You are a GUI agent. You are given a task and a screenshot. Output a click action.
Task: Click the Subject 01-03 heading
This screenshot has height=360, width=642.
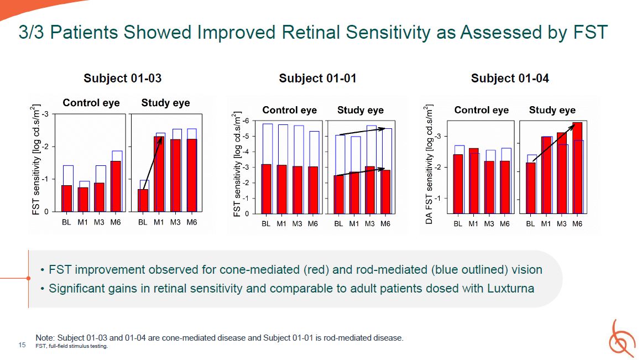(122, 78)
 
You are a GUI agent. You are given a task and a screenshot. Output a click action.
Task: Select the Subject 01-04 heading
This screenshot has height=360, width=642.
(510, 78)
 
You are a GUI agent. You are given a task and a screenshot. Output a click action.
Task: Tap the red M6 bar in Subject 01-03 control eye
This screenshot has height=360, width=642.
(116, 186)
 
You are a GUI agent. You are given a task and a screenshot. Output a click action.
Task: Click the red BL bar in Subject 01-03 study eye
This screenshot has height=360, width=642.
(143, 200)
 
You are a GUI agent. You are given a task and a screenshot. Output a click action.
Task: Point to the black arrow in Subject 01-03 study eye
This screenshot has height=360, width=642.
(152, 164)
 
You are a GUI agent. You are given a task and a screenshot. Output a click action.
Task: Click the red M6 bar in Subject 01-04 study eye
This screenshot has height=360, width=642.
(577, 168)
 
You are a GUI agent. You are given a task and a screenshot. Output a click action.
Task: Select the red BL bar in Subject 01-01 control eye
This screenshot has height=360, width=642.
(266, 189)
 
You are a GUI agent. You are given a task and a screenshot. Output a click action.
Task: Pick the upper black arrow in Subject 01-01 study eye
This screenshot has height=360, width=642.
(362, 132)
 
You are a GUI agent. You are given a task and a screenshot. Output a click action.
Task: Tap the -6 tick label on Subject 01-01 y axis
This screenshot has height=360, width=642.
(246, 121)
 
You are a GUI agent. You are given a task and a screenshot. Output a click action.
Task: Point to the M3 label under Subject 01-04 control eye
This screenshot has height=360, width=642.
(489, 223)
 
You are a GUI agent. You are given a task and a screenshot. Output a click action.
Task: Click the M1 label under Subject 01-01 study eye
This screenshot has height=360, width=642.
(354, 223)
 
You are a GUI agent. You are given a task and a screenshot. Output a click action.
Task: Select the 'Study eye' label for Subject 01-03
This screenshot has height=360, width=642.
(165, 103)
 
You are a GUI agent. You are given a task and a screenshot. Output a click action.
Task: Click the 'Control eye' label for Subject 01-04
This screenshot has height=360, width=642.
(482, 110)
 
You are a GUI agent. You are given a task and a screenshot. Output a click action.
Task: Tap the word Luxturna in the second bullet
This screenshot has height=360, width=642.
(510, 288)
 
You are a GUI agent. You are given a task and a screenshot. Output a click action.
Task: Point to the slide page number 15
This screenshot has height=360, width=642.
(22, 345)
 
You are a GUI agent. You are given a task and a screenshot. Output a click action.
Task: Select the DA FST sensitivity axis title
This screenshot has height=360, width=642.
(429, 165)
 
